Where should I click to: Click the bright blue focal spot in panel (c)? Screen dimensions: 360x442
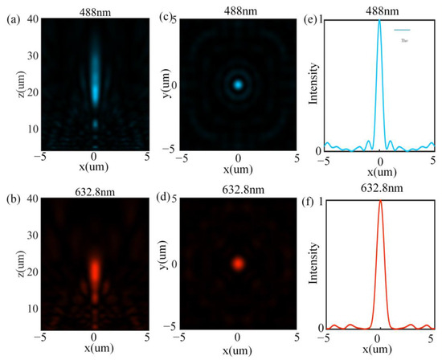coord(238,83)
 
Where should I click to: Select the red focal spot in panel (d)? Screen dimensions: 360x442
coord(238,263)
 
